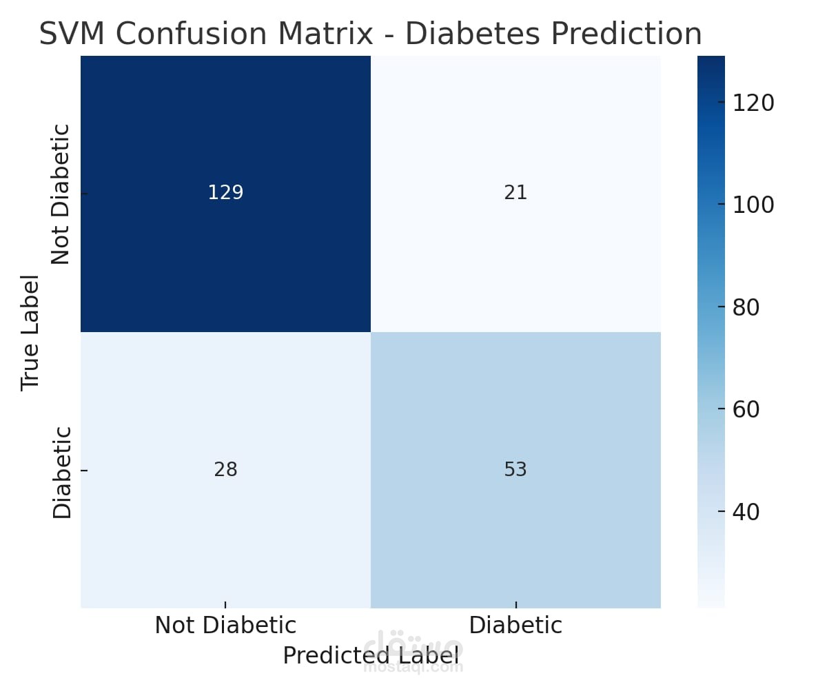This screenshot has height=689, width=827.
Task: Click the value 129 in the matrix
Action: coord(225,192)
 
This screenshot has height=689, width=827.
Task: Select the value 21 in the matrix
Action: coord(515,192)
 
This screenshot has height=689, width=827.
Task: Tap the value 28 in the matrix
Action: coord(225,469)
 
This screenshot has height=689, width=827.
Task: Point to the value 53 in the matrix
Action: coord(515,469)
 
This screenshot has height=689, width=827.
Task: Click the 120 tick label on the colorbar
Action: coord(753,103)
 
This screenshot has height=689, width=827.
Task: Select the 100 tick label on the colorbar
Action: coord(753,205)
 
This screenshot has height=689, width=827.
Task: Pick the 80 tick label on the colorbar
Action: coord(746,307)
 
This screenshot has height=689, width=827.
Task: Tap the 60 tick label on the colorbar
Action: coord(746,409)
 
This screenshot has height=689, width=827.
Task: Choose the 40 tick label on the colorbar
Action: coord(746,512)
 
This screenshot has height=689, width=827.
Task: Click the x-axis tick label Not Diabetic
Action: coord(225,625)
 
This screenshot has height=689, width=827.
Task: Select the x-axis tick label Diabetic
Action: coord(515,625)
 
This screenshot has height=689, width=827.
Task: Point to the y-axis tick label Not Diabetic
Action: coord(61,194)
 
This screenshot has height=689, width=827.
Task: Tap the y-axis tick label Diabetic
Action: coord(61,473)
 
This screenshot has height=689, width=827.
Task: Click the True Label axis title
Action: coord(30,333)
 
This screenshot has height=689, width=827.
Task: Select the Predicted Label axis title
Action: coord(371,655)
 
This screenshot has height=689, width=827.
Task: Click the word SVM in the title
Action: coord(72,34)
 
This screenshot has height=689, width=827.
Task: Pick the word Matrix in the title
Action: coord(325,34)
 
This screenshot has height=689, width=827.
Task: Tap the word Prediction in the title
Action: coord(626,34)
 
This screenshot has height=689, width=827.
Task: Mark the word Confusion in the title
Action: coord(192,34)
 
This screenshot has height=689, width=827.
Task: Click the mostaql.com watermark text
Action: coord(413,668)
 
